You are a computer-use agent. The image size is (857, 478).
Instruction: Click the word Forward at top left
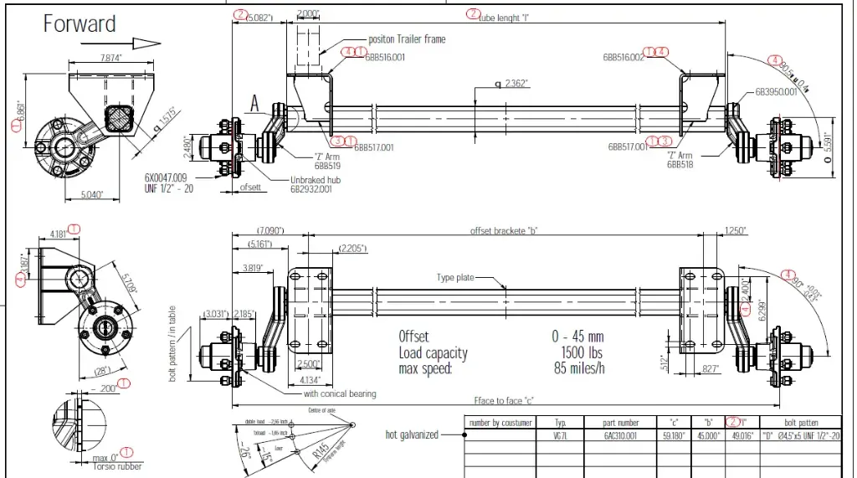80,23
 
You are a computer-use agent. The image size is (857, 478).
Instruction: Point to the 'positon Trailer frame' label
407,39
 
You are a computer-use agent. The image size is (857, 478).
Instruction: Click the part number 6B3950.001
776,91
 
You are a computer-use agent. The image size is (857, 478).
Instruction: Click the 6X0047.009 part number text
166,178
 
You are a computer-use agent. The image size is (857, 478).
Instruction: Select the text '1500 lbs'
581,352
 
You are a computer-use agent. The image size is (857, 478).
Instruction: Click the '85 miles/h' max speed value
579,367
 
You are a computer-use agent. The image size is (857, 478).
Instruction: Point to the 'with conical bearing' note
340,393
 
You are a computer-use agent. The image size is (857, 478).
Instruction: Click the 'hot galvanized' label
411,434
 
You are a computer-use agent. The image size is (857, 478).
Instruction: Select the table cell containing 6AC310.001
620,435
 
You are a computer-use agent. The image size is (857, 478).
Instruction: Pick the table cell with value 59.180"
675,435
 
